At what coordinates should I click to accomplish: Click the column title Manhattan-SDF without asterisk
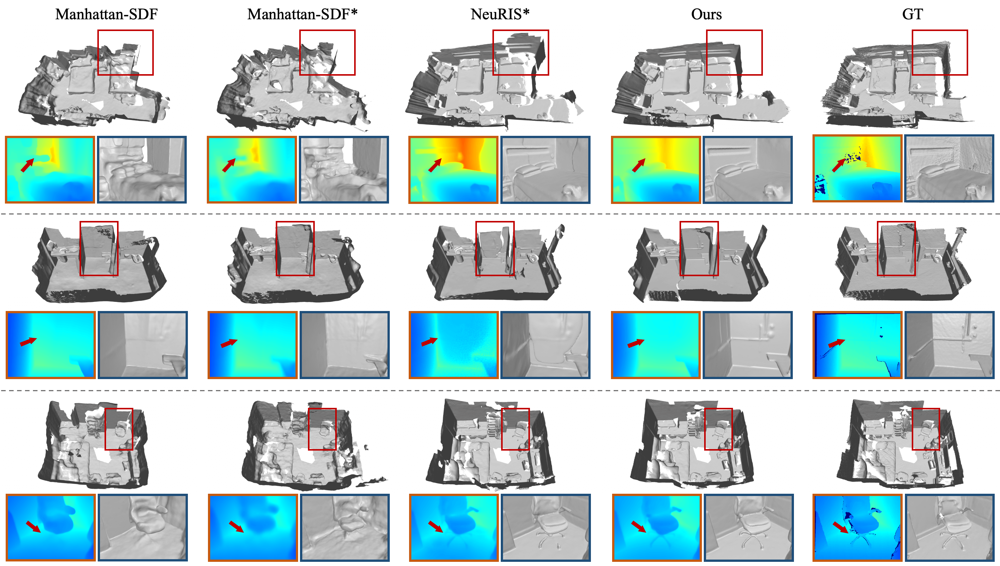pos(106,14)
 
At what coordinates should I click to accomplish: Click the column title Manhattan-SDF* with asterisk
pos(302,14)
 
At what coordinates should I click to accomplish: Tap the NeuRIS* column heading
pos(500,14)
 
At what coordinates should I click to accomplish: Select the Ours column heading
pos(706,14)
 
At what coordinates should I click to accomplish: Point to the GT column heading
pos(912,14)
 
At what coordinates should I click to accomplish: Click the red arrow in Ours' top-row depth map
pos(639,165)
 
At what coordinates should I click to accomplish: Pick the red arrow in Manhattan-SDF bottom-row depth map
pos(33,527)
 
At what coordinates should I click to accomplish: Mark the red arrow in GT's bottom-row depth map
pos(840,527)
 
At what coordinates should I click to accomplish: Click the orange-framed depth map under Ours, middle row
pos(656,345)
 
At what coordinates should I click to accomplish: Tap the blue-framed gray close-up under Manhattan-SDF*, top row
pos(344,169)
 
